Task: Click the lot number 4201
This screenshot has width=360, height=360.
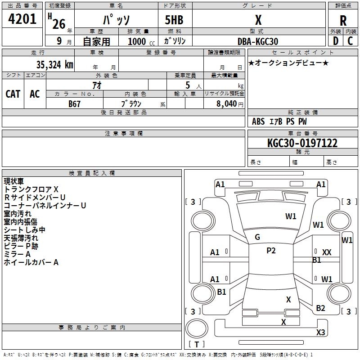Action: coord(22,19)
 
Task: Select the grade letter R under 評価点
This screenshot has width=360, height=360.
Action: coord(343,21)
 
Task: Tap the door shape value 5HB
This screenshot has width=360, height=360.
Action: coord(174,20)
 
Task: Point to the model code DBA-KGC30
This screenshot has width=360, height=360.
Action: coord(258,41)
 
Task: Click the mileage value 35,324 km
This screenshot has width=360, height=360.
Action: coord(54,64)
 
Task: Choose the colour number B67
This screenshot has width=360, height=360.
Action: coord(74,104)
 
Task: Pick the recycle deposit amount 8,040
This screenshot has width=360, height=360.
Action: coord(226,103)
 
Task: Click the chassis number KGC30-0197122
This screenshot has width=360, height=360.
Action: coord(302,143)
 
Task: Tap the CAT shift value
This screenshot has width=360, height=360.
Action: coord(13,94)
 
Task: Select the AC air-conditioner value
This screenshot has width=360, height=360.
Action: coord(35,94)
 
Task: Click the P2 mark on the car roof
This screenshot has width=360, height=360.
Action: coord(271,251)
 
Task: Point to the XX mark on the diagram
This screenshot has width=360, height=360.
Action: coord(327,252)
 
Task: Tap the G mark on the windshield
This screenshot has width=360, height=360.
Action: coord(257,237)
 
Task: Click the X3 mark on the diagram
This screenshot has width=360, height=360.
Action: coord(320,332)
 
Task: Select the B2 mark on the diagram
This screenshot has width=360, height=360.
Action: coord(320,308)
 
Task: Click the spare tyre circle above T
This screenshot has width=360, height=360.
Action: coord(197,328)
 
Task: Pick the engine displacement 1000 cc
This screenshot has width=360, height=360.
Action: coord(141,41)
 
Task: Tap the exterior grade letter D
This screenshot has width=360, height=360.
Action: coord(336,41)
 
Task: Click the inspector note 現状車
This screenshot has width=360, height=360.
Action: coord(14,181)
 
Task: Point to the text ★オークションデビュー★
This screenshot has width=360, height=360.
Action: coord(288,63)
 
